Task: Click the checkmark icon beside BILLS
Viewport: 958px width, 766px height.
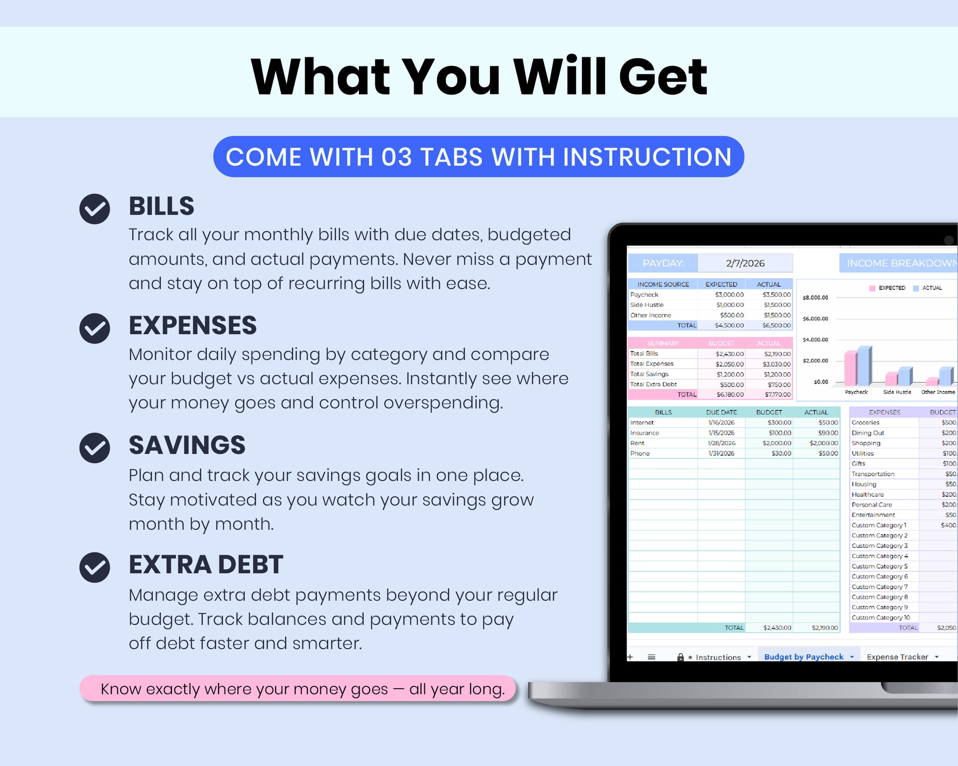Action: pyautogui.click(x=95, y=209)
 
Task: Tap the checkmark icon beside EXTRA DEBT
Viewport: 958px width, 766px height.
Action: pyautogui.click(x=95, y=568)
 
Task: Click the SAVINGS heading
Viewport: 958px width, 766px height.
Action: pyautogui.click(x=187, y=445)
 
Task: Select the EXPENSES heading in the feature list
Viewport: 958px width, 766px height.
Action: pyautogui.click(x=192, y=325)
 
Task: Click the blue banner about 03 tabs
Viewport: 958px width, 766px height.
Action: pyautogui.click(x=479, y=157)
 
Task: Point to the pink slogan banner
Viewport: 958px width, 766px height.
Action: pyautogui.click(x=298, y=688)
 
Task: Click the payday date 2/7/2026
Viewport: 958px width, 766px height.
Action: pyautogui.click(x=745, y=263)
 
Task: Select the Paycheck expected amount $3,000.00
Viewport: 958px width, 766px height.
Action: pyautogui.click(x=729, y=295)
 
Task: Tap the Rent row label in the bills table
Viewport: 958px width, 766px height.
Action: pyautogui.click(x=637, y=443)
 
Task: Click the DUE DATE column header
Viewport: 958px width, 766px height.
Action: pyautogui.click(x=721, y=412)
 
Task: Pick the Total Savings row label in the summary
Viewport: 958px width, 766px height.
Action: pyautogui.click(x=649, y=374)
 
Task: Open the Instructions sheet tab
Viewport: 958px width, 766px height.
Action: pyautogui.click(x=718, y=657)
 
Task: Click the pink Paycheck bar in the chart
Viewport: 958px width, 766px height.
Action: pyautogui.click(x=850, y=368)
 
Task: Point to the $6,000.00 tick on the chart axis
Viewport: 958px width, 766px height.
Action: pyautogui.click(x=815, y=319)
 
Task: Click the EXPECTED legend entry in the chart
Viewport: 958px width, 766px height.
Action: pyautogui.click(x=888, y=288)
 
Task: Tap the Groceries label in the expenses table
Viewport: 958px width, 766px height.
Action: pyautogui.click(x=865, y=422)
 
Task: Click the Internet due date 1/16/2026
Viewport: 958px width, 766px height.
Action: pyautogui.click(x=721, y=422)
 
